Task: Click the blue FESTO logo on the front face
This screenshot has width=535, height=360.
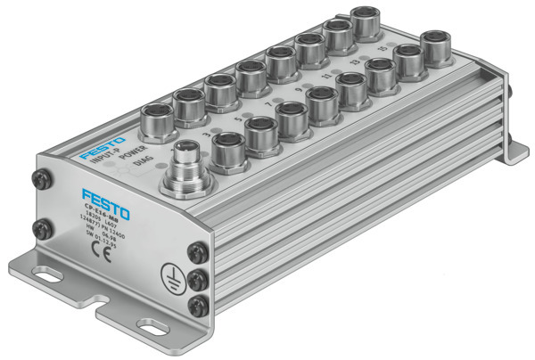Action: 105,198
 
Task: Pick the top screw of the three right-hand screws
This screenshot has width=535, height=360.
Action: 196,254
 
